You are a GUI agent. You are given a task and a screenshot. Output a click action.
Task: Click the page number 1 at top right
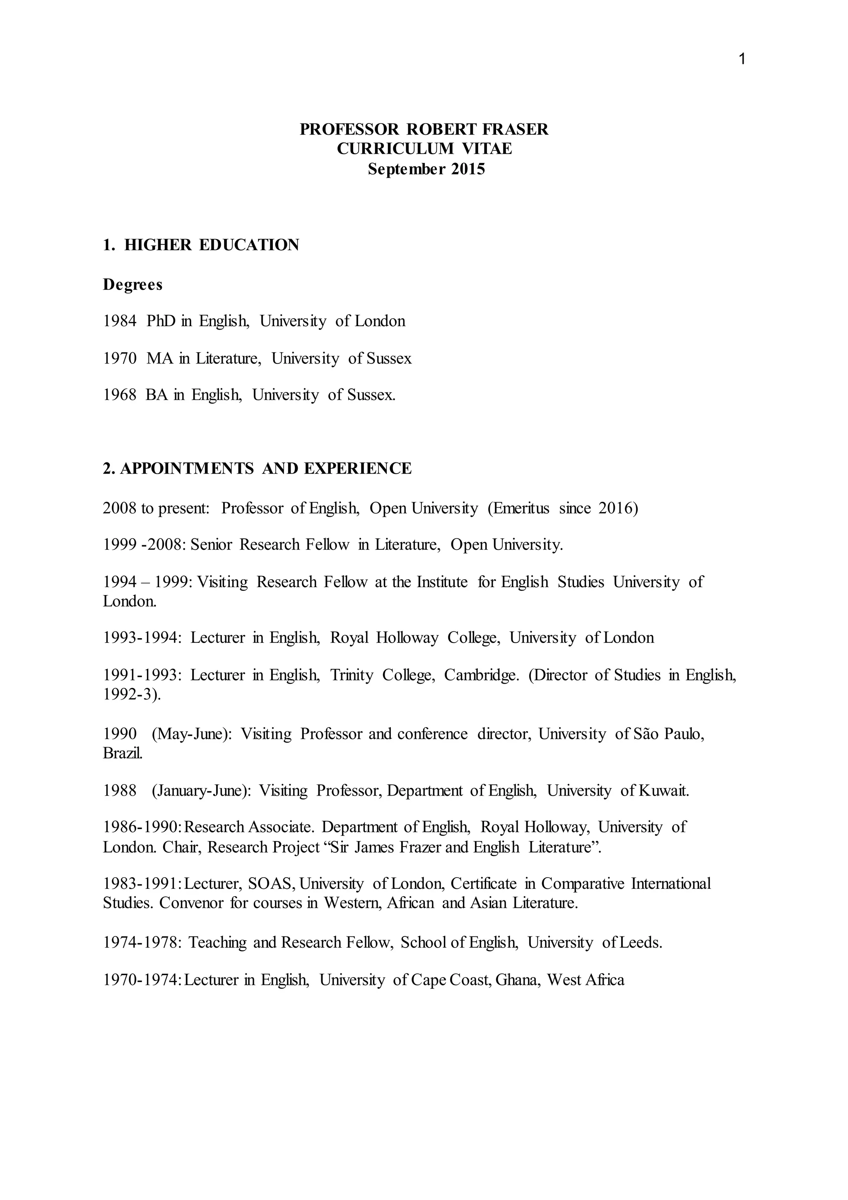pos(742,60)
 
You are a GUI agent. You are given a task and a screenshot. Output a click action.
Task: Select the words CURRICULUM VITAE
pos(424,149)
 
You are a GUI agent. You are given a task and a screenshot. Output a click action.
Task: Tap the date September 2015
pos(426,169)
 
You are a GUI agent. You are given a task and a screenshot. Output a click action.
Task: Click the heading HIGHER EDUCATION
pos(212,245)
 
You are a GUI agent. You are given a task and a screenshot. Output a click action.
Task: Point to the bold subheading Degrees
pos(132,285)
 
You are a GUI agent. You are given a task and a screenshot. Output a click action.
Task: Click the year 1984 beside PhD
pos(120,321)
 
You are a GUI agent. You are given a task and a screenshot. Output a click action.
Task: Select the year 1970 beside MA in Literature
pos(120,358)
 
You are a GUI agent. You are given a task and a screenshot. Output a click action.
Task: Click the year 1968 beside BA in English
pos(120,395)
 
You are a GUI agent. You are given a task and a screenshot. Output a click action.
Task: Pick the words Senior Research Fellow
pos(270,545)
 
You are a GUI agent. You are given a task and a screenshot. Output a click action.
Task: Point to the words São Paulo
pos(669,734)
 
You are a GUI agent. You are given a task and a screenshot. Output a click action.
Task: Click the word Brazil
pos(122,754)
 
